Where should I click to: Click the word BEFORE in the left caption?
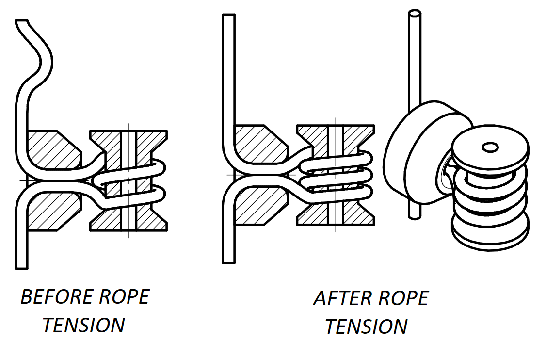[51, 297]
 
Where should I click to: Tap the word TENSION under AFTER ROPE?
[366, 327]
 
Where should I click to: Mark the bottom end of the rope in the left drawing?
[21, 264]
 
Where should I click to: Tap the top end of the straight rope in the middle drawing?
[228, 18]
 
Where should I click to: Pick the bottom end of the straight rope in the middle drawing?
[228, 260]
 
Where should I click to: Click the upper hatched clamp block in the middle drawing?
[257, 143]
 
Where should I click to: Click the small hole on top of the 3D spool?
[490, 146]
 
